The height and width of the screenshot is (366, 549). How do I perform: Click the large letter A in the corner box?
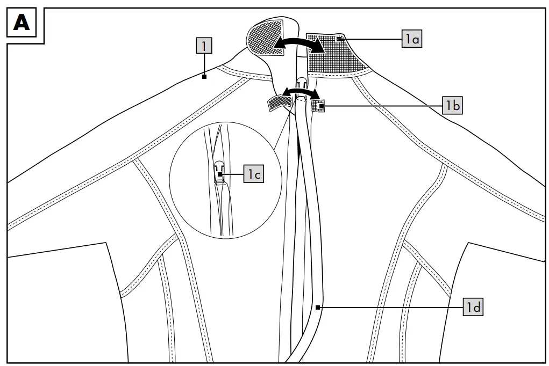click(x=22, y=23)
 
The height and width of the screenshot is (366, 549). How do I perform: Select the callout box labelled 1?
click(x=204, y=46)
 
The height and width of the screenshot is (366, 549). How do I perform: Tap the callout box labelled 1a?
click(x=411, y=39)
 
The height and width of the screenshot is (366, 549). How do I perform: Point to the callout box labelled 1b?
click(x=453, y=106)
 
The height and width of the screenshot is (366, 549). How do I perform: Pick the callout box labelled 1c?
click(x=254, y=174)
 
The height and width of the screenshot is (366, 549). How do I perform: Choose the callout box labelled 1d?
click(x=473, y=308)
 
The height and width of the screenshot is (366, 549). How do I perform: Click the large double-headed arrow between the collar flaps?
click(x=298, y=45)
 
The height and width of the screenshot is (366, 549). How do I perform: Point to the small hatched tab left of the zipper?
click(x=276, y=102)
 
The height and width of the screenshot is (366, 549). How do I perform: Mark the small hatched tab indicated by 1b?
click(x=318, y=106)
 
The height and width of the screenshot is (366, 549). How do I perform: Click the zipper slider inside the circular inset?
click(x=219, y=171)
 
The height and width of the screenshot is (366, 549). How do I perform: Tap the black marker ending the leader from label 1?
click(x=204, y=77)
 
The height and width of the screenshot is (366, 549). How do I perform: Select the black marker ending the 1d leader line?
click(x=318, y=308)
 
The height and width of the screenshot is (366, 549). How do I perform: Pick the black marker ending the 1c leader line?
click(x=222, y=174)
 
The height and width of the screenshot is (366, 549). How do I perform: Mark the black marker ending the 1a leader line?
click(x=338, y=39)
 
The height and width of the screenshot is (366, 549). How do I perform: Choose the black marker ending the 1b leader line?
click(x=322, y=106)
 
